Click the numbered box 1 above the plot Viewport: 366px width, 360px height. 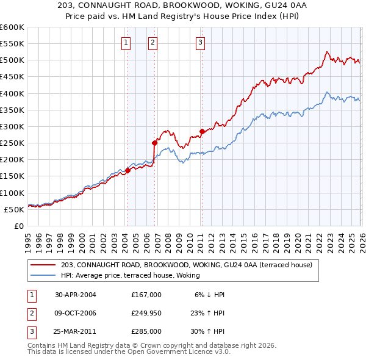click(126, 42)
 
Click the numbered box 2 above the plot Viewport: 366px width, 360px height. click(152, 42)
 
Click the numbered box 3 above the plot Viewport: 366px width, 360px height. click(200, 42)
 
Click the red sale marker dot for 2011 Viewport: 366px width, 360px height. click(202, 131)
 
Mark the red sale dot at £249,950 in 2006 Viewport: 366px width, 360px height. click(154, 143)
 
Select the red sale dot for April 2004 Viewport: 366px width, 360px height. click(127, 170)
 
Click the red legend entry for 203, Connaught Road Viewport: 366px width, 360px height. click(187, 265)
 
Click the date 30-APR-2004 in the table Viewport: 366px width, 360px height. click(76, 295)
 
